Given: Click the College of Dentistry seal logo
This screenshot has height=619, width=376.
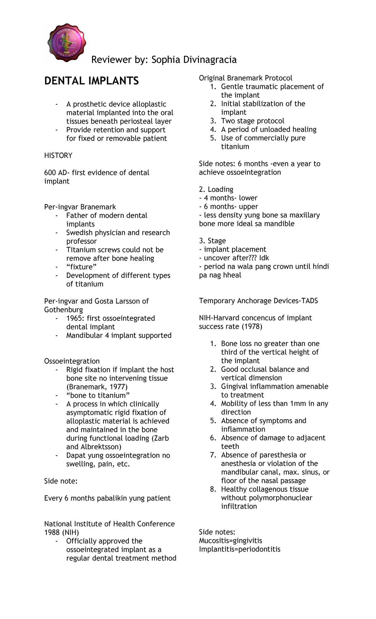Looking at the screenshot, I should [66, 43].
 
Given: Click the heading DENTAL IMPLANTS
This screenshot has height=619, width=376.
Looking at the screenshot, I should [91, 81].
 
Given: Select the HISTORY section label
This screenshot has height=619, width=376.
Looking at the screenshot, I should [58, 156].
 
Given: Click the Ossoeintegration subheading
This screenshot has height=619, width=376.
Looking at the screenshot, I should [72, 361].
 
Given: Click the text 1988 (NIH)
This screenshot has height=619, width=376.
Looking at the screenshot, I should [61, 533].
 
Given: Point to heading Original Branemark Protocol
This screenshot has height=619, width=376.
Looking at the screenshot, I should [245, 78].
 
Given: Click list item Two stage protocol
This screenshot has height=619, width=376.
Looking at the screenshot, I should [253, 121].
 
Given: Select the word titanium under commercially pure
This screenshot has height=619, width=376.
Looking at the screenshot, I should [235, 147].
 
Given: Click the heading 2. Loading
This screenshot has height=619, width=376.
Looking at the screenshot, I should [216, 190].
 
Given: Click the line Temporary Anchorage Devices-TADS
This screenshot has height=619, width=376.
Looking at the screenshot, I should [258, 301].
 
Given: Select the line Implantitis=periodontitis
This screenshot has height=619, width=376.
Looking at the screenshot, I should [239, 549].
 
